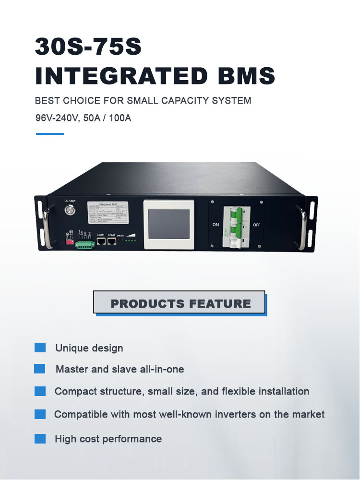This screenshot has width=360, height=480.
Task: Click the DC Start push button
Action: (x=71, y=210)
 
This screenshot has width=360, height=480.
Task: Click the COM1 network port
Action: (x=101, y=241)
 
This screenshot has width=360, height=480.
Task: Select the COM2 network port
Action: (x=111, y=241)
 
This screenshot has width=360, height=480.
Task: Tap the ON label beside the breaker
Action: (x=216, y=224)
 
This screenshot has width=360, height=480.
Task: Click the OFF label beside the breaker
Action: (x=256, y=224)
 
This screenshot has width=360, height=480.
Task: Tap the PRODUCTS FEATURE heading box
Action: (x=180, y=303)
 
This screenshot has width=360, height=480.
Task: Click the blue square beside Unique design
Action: (x=40, y=348)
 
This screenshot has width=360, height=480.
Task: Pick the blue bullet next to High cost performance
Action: (x=40, y=438)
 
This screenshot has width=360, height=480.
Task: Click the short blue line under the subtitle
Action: (x=50, y=134)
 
